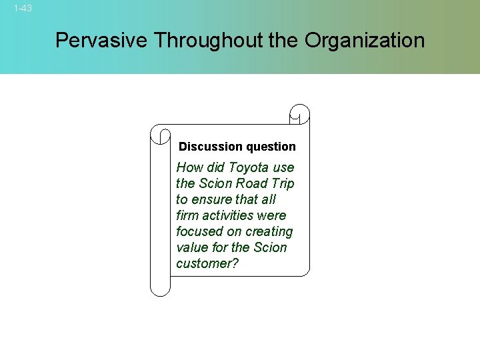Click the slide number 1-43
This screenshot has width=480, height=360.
23,9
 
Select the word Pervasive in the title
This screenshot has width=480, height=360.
102,41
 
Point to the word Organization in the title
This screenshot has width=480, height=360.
364,41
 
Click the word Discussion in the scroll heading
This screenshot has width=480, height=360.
211,147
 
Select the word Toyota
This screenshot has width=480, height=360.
248,167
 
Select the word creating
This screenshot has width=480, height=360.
269,231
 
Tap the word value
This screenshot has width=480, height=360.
192,247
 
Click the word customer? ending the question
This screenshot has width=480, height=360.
207,263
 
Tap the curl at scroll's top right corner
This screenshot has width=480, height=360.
300,114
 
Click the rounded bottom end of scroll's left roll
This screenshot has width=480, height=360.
160,288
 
